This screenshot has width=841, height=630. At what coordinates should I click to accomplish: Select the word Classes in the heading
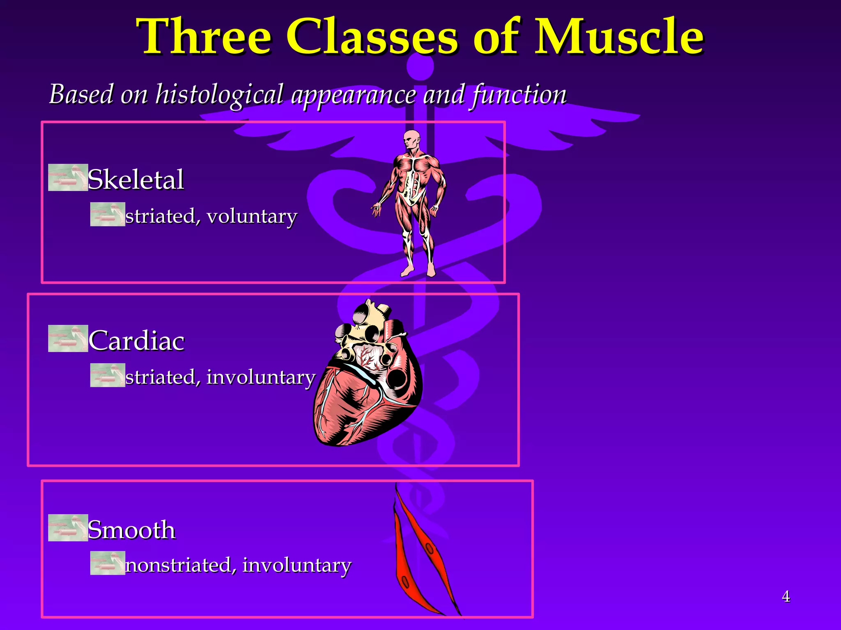[372, 37]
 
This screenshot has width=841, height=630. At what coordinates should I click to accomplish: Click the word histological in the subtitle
[219, 95]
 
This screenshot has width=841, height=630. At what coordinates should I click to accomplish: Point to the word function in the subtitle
[519, 95]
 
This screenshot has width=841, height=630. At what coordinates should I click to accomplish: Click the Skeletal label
[136, 179]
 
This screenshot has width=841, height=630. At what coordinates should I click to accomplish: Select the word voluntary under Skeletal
[252, 216]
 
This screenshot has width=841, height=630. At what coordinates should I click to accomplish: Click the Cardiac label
[136, 340]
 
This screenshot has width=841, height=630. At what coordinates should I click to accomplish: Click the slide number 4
[786, 596]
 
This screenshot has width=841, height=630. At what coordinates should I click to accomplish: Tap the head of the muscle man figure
[411, 141]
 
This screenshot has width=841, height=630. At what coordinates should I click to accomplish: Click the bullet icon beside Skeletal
[68, 178]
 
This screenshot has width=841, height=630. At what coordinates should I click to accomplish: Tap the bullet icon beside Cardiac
[68, 338]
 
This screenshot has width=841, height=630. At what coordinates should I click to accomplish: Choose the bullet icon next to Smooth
[68, 527]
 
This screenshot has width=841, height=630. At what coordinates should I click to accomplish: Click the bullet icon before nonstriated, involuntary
[108, 563]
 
